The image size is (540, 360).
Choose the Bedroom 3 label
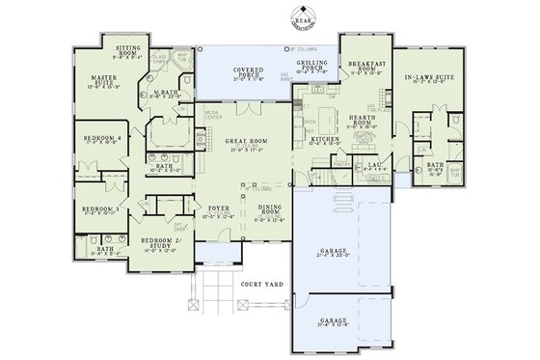99,208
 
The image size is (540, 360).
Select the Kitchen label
324,142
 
